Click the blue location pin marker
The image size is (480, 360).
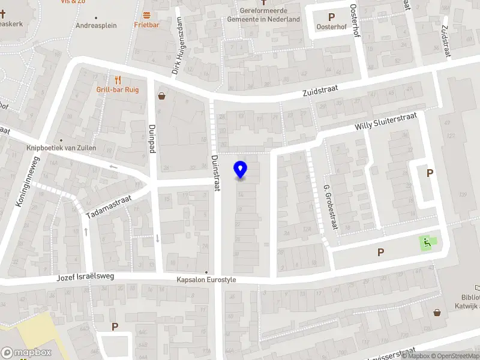pos(241,170)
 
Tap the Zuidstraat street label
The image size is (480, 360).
pos(320,89)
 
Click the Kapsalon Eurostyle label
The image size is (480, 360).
pos(206,280)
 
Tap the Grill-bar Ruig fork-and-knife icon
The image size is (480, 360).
pos(118,80)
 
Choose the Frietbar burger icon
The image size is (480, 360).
pos(146,14)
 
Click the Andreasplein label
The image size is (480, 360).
pos(96,26)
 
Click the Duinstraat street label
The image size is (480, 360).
pos(215,173)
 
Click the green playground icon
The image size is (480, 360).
pos(427,243)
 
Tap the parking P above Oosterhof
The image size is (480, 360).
pos(331,17)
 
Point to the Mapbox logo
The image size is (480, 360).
pos(26,353)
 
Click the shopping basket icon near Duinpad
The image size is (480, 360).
pos(161,95)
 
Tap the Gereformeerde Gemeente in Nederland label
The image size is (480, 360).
pos(263,15)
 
